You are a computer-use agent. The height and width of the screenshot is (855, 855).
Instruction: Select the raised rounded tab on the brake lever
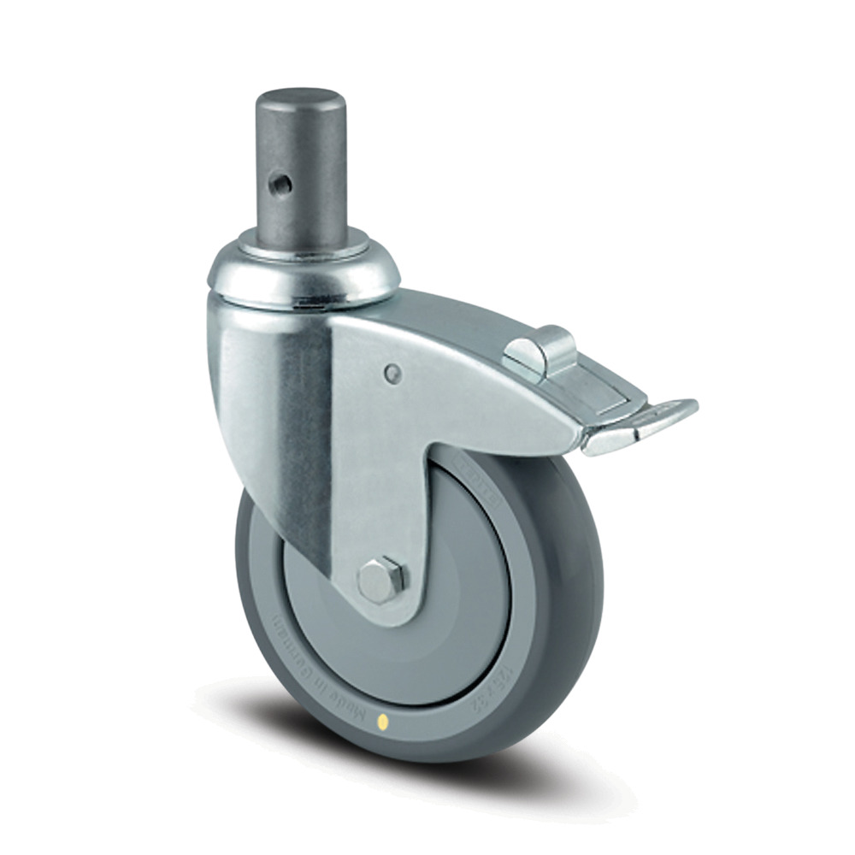point(539,346)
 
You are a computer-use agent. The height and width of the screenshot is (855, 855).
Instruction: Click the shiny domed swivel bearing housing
point(304,278)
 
